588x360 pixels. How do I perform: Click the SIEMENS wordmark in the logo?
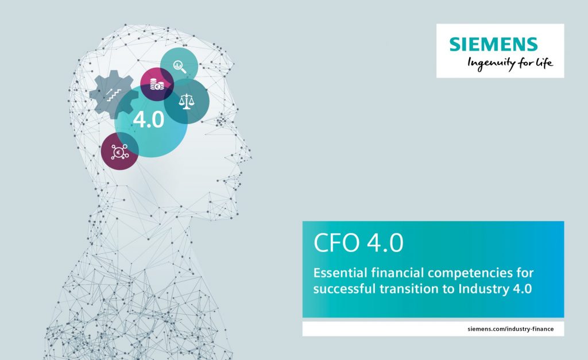(493, 44)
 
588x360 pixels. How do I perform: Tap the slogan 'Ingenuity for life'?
(510, 63)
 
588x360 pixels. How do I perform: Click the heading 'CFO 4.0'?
(358, 243)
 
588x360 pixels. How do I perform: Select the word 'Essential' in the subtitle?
(340, 273)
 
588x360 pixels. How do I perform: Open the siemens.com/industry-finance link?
(510, 329)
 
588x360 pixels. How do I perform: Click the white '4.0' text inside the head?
(149, 120)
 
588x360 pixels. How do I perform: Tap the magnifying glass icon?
(180, 67)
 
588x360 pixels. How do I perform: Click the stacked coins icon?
(157, 84)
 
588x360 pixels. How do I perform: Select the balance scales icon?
(187, 101)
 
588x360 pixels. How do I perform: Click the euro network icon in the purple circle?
(119, 152)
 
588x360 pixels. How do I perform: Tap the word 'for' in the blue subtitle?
(524, 273)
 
